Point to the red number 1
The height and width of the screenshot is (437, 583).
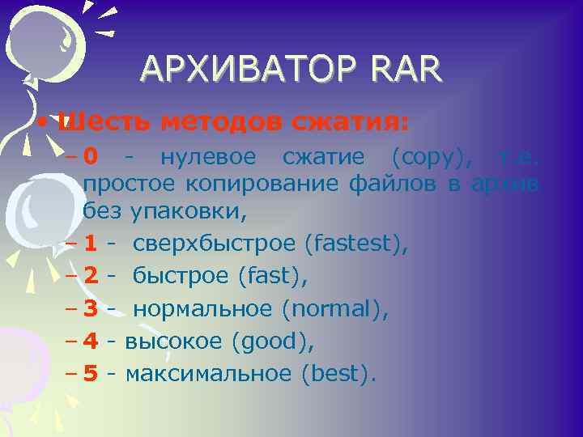(x=91, y=242)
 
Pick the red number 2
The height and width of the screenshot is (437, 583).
(x=91, y=275)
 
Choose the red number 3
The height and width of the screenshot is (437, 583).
(x=91, y=308)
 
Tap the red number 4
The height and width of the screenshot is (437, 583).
(x=91, y=342)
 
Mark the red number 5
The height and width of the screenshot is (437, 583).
(x=91, y=375)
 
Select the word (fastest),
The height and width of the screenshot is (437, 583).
(x=356, y=242)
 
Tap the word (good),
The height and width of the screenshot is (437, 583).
(x=272, y=342)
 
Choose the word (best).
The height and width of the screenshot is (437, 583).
(x=338, y=375)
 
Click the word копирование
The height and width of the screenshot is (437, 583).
(x=263, y=184)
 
